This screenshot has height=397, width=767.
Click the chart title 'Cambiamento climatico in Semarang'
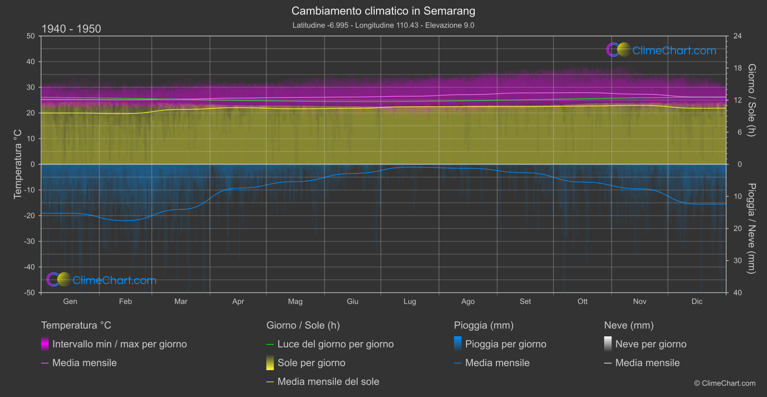383,11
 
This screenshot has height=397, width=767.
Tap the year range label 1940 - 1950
71,29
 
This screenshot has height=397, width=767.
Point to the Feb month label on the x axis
125,301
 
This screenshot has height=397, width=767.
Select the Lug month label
410,301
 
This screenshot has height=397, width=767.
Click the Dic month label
697,301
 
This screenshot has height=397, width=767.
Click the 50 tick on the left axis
31,36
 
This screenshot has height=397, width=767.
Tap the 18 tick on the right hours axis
738,68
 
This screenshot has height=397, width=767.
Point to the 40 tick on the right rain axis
738,293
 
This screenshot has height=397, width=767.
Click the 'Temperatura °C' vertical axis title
18,164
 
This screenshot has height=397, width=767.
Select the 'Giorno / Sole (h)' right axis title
752,100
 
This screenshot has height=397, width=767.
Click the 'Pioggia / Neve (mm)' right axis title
752,229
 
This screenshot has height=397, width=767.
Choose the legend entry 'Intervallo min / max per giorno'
119,344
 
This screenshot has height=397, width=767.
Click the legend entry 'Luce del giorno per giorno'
336,344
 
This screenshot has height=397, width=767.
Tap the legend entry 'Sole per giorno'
311,363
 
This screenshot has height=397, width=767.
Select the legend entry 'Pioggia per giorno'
506,344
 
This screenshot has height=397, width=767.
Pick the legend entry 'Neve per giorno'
650,344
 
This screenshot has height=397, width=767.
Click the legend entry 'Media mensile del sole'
328,382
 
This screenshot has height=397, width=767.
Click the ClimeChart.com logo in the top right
662,50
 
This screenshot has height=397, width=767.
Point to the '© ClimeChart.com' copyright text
725,384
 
